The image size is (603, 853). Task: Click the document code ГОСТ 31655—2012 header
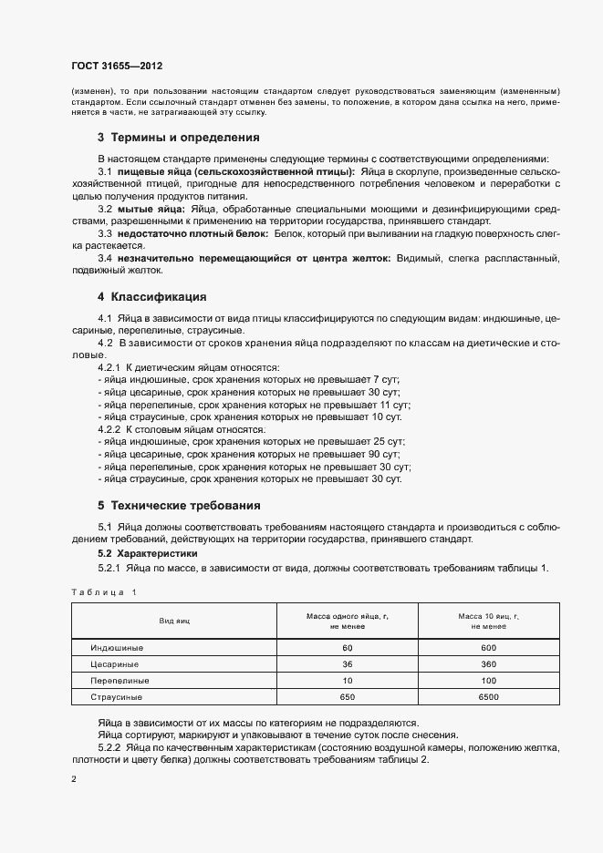click(x=117, y=67)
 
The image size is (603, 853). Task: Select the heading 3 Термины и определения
click(x=179, y=138)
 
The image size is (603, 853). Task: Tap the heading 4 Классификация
click(x=152, y=296)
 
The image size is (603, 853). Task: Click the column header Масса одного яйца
click(x=348, y=622)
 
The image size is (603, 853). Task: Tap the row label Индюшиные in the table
click(x=117, y=647)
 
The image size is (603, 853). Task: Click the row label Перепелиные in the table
click(x=120, y=680)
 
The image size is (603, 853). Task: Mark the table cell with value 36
click(x=348, y=663)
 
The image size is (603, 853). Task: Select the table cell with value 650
click(x=348, y=697)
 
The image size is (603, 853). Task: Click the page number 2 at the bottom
click(x=74, y=780)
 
